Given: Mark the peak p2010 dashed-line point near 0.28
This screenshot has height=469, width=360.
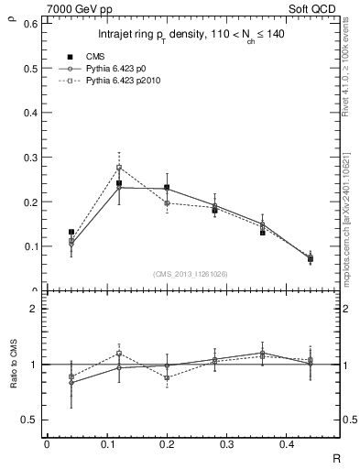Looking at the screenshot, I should pos(119,168).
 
